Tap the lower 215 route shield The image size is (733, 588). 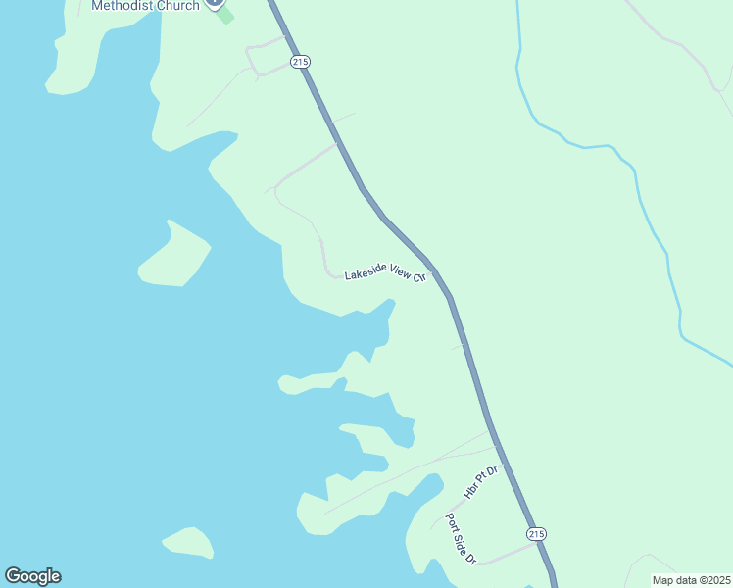pos(535,534)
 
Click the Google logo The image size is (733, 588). pos(32,576)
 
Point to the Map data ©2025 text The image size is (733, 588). pos(691,580)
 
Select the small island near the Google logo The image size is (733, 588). pos(189,542)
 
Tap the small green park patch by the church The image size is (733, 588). pos(225,16)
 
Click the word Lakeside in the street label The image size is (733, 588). pos(364,275)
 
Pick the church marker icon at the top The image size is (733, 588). pos(216,4)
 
